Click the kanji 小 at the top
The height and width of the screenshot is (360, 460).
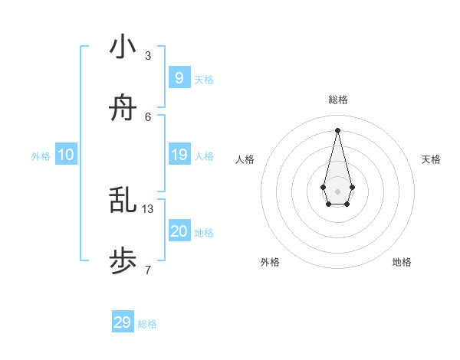[123, 47]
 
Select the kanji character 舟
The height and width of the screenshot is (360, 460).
[123, 110]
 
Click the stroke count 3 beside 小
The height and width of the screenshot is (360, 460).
[148, 55]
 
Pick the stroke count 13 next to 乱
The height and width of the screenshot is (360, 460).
[148, 208]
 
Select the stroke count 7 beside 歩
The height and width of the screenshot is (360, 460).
[148, 270]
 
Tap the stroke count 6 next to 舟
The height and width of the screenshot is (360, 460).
[148, 116]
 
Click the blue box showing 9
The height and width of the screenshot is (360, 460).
[179, 77]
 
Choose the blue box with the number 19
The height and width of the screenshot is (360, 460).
[179, 155]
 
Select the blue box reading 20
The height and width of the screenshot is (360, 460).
[179, 231]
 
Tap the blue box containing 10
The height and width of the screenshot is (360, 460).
[66, 155]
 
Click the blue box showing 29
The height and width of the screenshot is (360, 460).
[122, 322]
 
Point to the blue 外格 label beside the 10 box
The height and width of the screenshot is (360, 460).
[41, 156]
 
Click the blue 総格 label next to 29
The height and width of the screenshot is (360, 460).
[147, 324]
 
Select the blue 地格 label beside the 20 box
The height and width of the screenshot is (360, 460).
[204, 233]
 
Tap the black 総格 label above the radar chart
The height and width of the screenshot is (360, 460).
[337, 100]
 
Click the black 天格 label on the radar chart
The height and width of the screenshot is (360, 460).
[431, 159]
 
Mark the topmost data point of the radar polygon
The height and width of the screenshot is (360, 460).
[337, 129]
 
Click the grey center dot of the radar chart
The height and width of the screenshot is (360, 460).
[337, 190]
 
